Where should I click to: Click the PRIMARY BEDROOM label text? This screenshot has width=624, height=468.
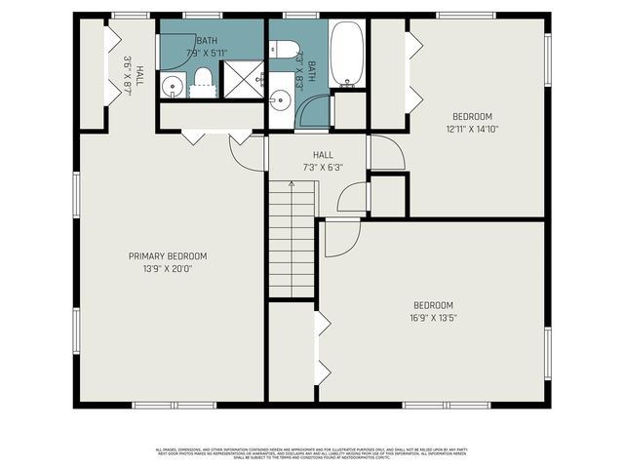click(168, 256)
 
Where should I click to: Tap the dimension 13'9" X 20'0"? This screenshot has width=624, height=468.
click(168, 269)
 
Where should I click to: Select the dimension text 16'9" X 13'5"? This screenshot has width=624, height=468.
click(432, 318)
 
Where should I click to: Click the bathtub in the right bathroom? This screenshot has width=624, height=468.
click(348, 54)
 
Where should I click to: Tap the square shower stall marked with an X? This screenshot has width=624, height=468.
click(244, 78)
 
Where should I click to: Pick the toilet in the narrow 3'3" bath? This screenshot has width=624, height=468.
click(284, 49)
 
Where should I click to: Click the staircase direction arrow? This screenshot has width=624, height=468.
click(291, 185)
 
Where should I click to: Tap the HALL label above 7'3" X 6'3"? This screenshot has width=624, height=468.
click(323, 155)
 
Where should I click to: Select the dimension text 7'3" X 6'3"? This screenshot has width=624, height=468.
click(323, 168)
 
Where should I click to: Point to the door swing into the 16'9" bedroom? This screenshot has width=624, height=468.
click(341, 237)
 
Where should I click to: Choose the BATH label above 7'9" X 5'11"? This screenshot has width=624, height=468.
click(207, 40)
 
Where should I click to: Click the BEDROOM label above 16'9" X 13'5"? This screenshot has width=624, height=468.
click(432, 305)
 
